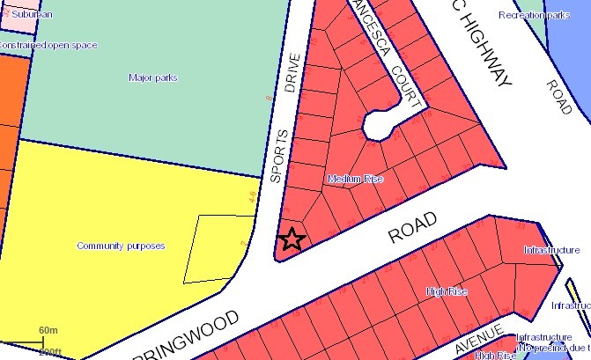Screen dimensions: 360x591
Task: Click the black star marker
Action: pyautogui.click(x=292, y=239)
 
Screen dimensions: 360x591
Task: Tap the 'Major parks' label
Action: pyautogui.click(x=153, y=78)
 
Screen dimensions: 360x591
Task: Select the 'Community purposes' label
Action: pyautogui.click(x=121, y=246)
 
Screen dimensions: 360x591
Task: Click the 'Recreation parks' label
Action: pyautogui.click(x=534, y=15)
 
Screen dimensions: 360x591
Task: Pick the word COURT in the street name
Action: pyautogui.click(x=401, y=70)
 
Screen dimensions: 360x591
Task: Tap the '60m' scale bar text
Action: pyautogui.click(x=48, y=331)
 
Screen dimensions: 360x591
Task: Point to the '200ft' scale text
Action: pyautogui.click(x=50, y=352)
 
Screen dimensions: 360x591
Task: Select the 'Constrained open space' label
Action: pyautogui.click(x=48, y=45)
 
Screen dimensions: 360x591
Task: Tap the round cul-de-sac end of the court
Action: pyautogui.click(x=378, y=125)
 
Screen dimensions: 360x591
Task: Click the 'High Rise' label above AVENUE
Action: pyautogui.click(x=445, y=291)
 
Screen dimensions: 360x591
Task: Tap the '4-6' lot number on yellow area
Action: pyautogui.click(x=254, y=195)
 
